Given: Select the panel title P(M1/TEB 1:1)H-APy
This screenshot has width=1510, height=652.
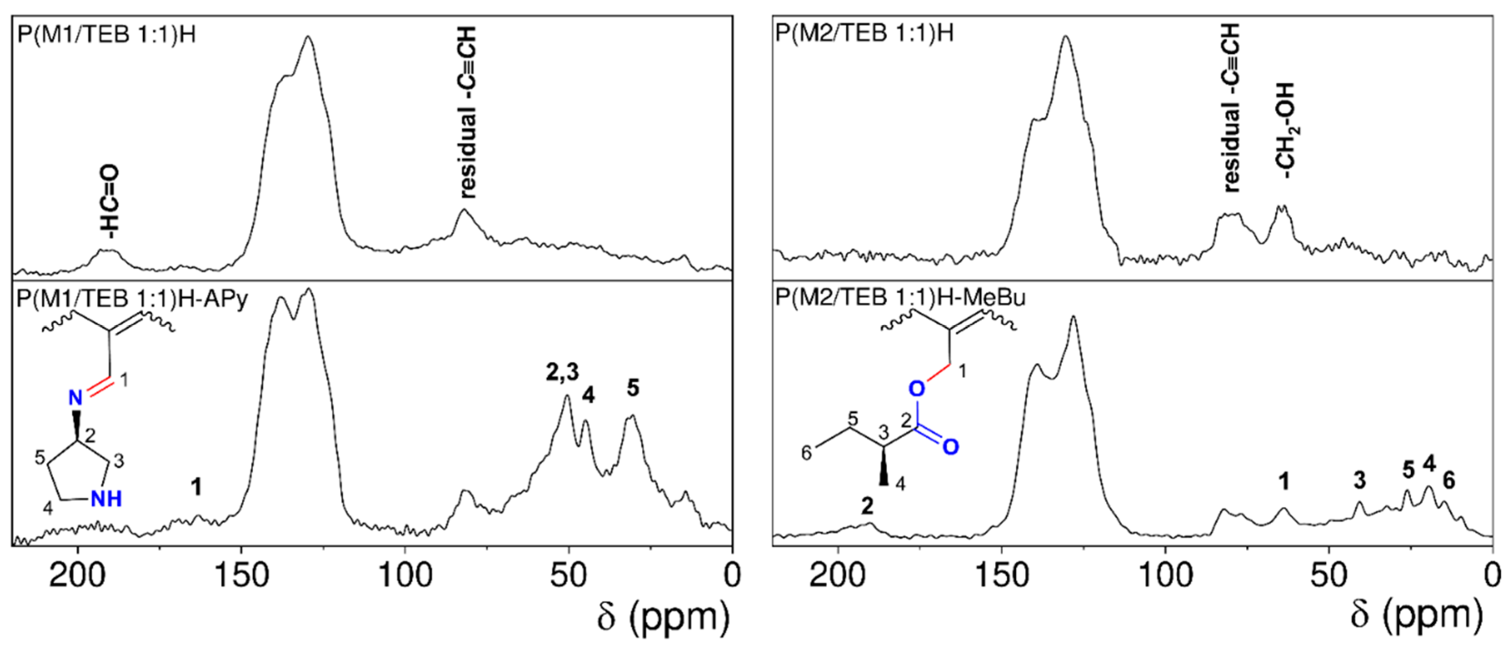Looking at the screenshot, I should pos(132,298).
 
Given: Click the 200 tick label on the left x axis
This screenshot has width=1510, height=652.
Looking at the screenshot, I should pos(78,576).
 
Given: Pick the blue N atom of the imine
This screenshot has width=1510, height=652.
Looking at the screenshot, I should pos(75,398).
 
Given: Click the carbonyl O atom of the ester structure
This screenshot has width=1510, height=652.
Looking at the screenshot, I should pos(951,447).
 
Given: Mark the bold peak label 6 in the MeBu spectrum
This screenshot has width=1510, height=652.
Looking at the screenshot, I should pos(1449,481).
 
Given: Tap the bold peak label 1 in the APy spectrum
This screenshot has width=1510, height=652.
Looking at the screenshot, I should pos(197,486).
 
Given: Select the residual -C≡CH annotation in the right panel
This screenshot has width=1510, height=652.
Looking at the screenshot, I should pos(1232,108).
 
